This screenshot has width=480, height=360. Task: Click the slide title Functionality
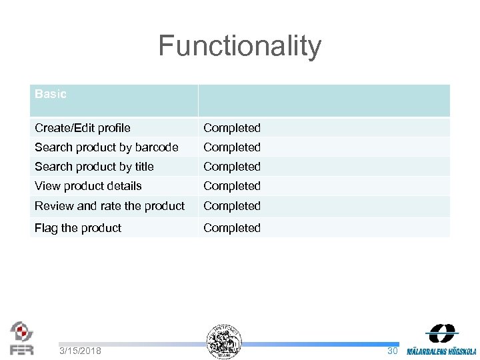pyautogui.click(x=239, y=47)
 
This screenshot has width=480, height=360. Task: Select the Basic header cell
pyautogui.click(x=51, y=94)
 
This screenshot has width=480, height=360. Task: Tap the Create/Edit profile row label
pyautogui.click(x=83, y=127)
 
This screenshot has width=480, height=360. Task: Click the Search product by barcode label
pyautogui.click(x=106, y=147)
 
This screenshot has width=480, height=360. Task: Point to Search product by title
pyautogui.click(x=94, y=166)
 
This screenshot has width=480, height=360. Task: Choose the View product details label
pyautogui.click(x=88, y=185)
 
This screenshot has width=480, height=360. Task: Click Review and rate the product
pyautogui.click(x=109, y=206)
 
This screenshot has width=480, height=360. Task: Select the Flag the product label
pyautogui.click(x=78, y=228)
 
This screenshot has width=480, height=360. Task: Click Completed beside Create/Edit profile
pyautogui.click(x=232, y=127)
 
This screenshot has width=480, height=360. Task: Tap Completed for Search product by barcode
pyautogui.click(x=232, y=147)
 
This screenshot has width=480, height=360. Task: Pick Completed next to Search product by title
pyautogui.click(x=232, y=166)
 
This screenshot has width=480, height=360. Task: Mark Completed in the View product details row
pyautogui.click(x=232, y=185)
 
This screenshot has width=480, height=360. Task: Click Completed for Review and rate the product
pyautogui.click(x=232, y=206)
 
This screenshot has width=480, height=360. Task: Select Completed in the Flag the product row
pyautogui.click(x=232, y=228)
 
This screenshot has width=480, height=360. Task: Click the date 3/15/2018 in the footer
pyautogui.click(x=80, y=351)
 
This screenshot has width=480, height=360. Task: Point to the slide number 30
pyautogui.click(x=393, y=351)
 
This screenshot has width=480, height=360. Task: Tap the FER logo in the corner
pyautogui.click(x=21, y=338)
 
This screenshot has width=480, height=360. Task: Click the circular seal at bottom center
pyautogui.click(x=224, y=341)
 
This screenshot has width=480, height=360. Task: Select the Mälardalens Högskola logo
pyautogui.click(x=441, y=340)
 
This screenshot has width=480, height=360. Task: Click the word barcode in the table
pyautogui.click(x=157, y=147)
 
